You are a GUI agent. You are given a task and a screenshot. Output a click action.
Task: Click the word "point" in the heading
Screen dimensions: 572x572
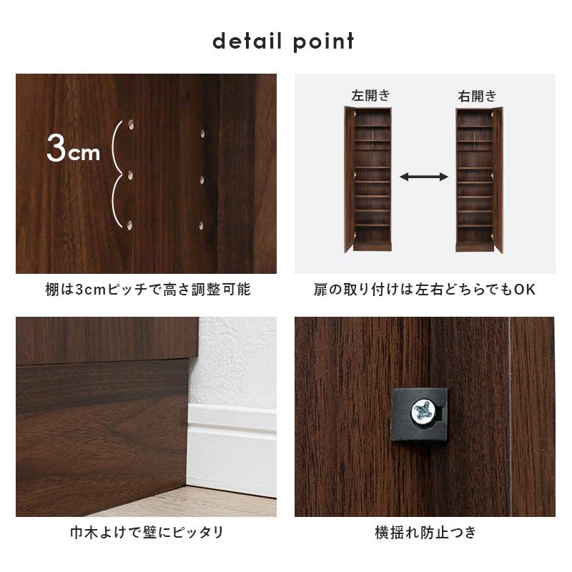323,41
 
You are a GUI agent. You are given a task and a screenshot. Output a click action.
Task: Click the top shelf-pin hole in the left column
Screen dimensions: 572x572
132,127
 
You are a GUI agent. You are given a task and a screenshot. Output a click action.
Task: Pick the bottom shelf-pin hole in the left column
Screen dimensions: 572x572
130,225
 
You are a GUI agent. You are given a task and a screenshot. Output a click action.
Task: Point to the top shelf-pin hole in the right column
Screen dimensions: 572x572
204,133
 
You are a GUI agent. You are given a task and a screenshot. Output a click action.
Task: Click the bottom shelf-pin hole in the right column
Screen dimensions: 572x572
202,225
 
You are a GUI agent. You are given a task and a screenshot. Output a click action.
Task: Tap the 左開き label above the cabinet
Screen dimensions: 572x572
370,95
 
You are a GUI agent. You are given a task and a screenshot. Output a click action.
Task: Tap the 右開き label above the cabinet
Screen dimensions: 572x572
477,95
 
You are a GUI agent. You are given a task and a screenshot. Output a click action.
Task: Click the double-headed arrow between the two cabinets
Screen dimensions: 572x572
424,177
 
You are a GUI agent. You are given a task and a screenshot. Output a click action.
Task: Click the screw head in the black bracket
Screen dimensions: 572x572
420,410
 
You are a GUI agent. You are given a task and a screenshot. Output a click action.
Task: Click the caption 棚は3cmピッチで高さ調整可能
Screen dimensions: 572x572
146,290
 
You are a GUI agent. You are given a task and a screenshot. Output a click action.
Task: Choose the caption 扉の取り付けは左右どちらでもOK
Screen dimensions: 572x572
425,290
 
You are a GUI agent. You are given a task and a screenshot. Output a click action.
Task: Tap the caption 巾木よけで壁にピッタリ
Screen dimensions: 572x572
146,533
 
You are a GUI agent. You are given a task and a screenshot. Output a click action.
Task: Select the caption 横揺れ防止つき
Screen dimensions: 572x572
425,533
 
